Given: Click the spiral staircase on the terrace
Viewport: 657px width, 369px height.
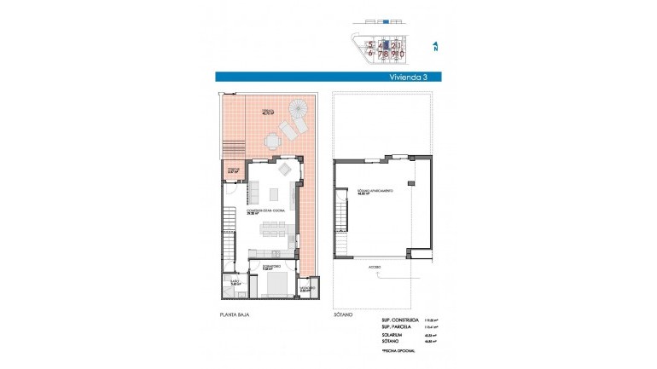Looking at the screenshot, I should [x=300, y=108].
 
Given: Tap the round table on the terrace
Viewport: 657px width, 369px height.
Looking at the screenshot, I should [x=272, y=139].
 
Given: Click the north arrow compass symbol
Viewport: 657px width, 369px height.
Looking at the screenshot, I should [x=434, y=48].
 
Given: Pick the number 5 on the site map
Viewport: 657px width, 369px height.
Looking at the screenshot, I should [x=370, y=44].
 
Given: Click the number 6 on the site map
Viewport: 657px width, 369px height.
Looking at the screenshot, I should [x=370, y=53].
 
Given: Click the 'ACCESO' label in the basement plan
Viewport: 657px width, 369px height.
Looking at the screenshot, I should [x=375, y=267].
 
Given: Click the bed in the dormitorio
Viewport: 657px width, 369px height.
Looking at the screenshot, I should [x=273, y=284].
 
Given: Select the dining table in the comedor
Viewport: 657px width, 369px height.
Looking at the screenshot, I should [x=273, y=228].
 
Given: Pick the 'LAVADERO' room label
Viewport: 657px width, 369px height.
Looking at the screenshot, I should [x=305, y=289].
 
